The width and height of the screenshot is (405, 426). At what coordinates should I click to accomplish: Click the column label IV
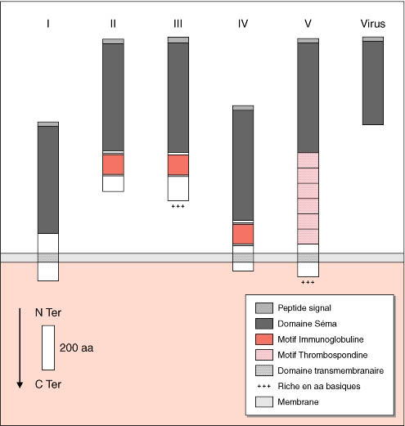[243, 24]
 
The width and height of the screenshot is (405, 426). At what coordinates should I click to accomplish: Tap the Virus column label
[373, 24]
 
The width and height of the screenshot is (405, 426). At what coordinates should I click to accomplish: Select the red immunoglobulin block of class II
[113, 164]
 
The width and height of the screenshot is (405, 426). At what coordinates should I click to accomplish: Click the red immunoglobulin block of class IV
[243, 234]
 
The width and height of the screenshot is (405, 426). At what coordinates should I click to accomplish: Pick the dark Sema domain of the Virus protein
[373, 83]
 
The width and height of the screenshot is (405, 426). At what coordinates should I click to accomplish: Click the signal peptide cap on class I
[48, 124]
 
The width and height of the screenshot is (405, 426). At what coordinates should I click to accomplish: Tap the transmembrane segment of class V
[308, 258]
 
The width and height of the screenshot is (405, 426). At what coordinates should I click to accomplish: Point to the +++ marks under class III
[178, 206]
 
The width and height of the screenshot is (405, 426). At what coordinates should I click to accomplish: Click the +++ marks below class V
[308, 282]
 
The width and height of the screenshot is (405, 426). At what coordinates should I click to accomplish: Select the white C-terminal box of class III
[178, 188]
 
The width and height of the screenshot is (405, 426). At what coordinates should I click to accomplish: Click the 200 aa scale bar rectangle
[48, 348]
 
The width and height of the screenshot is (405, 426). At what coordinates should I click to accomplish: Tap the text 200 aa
[76, 348]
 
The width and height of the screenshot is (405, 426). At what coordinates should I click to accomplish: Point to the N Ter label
[48, 312]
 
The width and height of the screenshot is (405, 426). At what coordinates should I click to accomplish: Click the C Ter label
[48, 384]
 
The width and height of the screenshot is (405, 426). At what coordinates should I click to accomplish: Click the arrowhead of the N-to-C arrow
[20, 385]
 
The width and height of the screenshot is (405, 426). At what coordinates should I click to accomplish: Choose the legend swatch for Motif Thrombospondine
[264, 355]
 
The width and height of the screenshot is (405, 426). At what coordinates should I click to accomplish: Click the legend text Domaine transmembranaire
[331, 370]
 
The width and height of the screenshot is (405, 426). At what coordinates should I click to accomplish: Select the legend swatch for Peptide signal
[264, 308]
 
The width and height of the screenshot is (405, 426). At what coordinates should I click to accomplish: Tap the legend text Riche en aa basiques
[319, 386]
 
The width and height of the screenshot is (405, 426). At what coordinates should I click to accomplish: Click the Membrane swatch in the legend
[264, 401]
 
